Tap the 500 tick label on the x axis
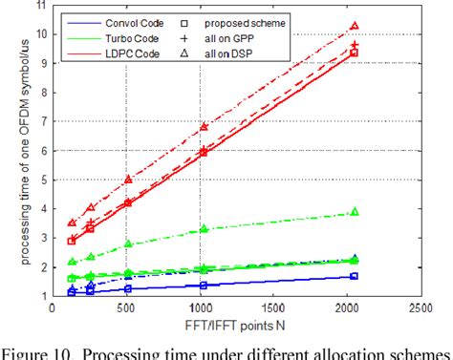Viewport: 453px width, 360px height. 126,308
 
